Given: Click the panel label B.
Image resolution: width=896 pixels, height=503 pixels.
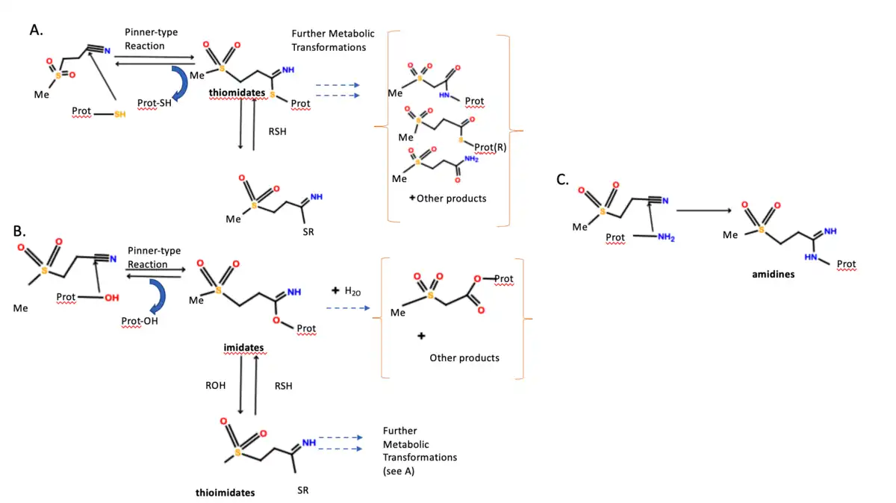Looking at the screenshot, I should [x=20, y=231].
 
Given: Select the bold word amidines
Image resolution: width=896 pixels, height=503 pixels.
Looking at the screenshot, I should [x=773, y=275].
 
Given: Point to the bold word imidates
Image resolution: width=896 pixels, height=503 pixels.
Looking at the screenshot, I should [x=243, y=349].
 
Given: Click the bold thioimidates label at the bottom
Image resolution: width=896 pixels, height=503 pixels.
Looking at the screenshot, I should [x=225, y=493].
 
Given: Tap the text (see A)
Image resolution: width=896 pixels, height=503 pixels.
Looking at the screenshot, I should [x=399, y=471].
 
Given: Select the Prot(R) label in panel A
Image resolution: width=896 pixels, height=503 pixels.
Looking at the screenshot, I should [x=490, y=147].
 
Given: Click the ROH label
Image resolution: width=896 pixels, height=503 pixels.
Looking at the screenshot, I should [x=216, y=386].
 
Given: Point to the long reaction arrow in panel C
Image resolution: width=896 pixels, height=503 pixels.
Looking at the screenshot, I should [x=703, y=210].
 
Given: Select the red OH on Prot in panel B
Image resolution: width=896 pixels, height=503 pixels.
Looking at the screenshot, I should [x=111, y=298].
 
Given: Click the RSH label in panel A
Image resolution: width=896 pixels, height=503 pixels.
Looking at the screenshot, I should [x=278, y=131].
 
